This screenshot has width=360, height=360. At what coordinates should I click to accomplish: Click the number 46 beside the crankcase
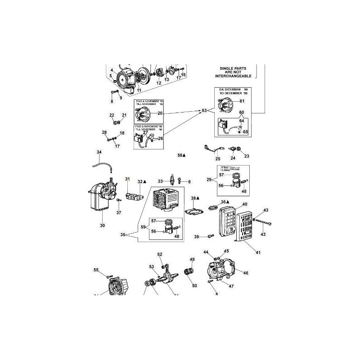point(246,272)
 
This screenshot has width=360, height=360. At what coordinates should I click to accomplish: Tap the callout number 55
point(96,270)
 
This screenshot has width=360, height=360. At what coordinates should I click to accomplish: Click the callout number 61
point(242,101)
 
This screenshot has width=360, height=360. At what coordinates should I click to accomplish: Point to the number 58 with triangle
point(181,155)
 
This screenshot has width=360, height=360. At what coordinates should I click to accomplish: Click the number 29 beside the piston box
point(208,180)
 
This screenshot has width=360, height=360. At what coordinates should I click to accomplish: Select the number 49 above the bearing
point(192,260)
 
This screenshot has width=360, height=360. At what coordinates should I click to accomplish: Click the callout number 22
point(112,116)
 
